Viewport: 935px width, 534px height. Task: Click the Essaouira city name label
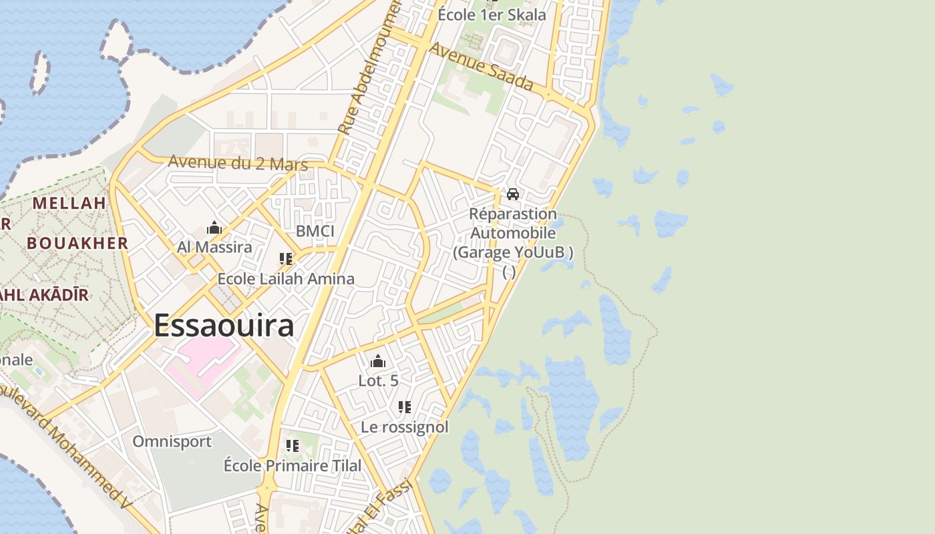tap(224, 326)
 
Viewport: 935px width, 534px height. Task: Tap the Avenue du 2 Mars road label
tap(238, 162)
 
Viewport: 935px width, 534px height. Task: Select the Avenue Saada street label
tap(481, 67)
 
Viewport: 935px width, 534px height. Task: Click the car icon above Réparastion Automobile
tap(513, 194)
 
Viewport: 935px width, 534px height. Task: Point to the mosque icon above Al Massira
tap(214, 228)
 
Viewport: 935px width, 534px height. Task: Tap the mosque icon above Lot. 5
tap(378, 362)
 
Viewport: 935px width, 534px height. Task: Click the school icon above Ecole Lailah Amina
tap(286, 259)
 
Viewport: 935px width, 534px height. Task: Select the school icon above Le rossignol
tap(404, 407)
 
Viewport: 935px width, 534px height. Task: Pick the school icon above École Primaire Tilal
tap(292, 445)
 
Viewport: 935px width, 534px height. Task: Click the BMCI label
tap(315, 232)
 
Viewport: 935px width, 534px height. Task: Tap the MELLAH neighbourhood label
tap(69, 203)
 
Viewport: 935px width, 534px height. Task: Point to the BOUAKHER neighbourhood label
tap(77, 243)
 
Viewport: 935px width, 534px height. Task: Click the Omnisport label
tap(172, 441)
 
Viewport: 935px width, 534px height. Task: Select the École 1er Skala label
tap(492, 15)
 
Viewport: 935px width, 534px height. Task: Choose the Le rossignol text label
tap(405, 427)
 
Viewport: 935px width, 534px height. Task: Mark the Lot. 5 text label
tap(379, 380)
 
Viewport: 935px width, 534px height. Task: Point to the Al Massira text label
tap(214, 247)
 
